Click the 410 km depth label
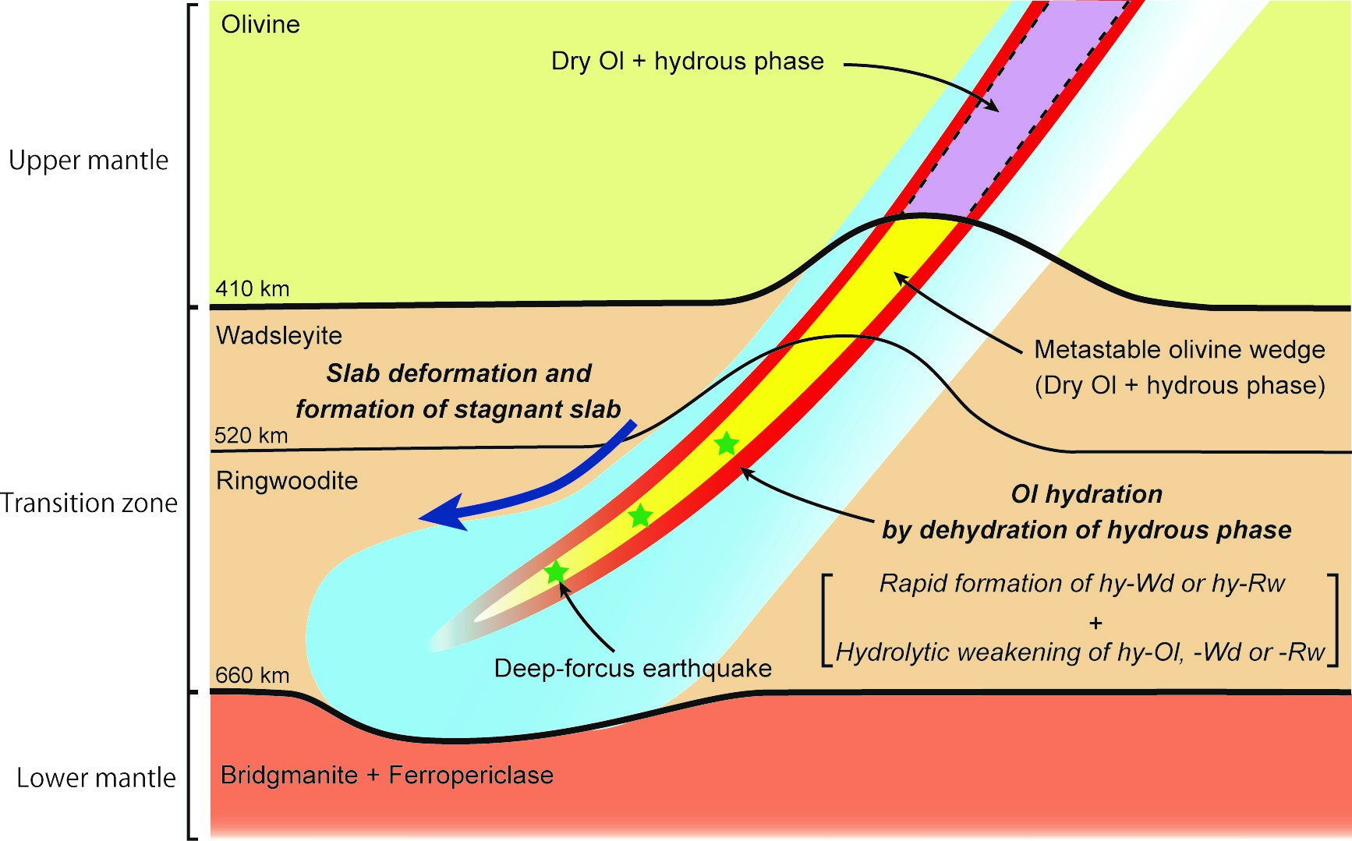tap(252, 288)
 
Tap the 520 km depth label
tap(251, 435)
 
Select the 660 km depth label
tap(252, 674)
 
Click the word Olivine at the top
tap(260, 24)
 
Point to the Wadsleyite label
tap(279, 335)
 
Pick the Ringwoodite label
tap(287, 480)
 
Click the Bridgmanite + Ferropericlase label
tap(387, 775)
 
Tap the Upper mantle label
tap(88, 160)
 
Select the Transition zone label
tap(89, 503)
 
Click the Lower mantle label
tap(96, 777)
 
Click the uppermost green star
tap(726, 444)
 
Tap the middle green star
tap(639, 515)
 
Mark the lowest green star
tap(555, 573)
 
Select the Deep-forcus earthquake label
tap(633, 668)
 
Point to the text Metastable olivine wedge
tap(1179, 349)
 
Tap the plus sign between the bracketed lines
tap(1096, 623)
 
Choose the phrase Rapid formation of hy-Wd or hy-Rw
tap(1082, 583)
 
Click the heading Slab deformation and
tap(458, 373)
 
